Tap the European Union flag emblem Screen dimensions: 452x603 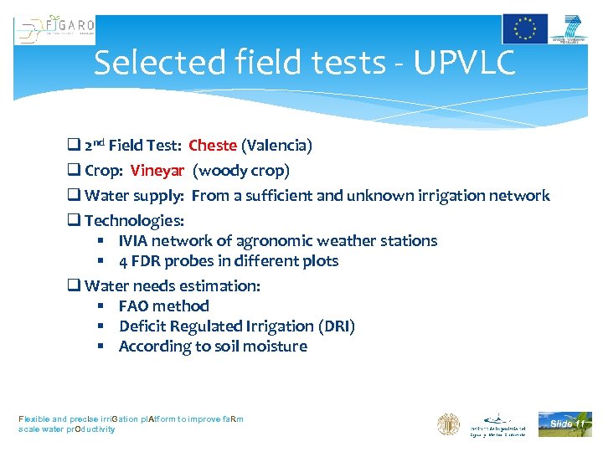coord(525,28)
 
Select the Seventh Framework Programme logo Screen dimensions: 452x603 coord(570,28)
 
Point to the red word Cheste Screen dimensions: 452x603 coord(213,146)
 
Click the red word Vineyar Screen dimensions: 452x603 coord(157,171)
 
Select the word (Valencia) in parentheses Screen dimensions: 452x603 coord(276,146)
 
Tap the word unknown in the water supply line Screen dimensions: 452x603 coord(387,196)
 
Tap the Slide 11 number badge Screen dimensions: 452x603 coord(565,424)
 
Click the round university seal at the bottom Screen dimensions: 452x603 coord(449,424)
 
